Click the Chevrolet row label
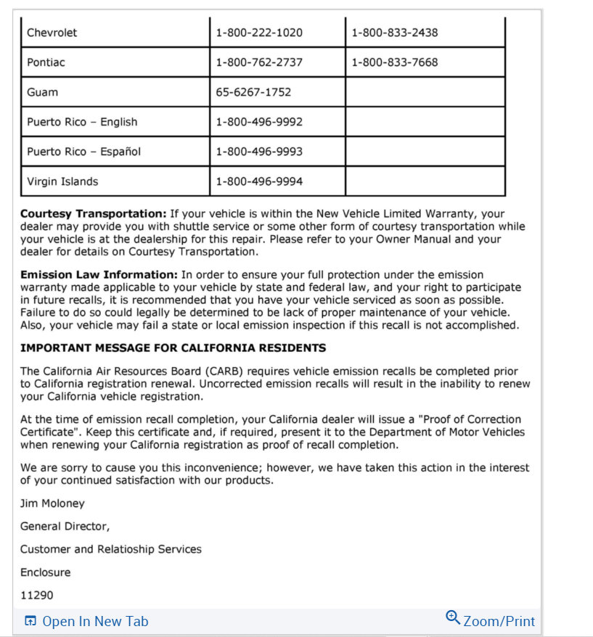point(52,33)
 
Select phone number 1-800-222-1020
point(259,33)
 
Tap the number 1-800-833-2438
point(395,33)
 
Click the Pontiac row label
point(46,62)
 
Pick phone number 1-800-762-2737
point(259,62)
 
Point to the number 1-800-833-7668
point(395,62)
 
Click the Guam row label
point(42,92)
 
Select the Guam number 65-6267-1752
point(253,92)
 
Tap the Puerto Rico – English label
point(82,122)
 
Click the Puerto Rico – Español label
point(83,152)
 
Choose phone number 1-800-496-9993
point(259,152)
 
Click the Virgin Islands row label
point(62,181)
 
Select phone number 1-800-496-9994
point(259,181)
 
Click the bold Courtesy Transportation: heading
point(94,214)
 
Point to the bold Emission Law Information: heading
point(99,275)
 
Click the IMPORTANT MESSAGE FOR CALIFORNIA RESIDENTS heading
point(173,348)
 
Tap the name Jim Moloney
point(52,504)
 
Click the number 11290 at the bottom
point(36,596)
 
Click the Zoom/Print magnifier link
point(491,620)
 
